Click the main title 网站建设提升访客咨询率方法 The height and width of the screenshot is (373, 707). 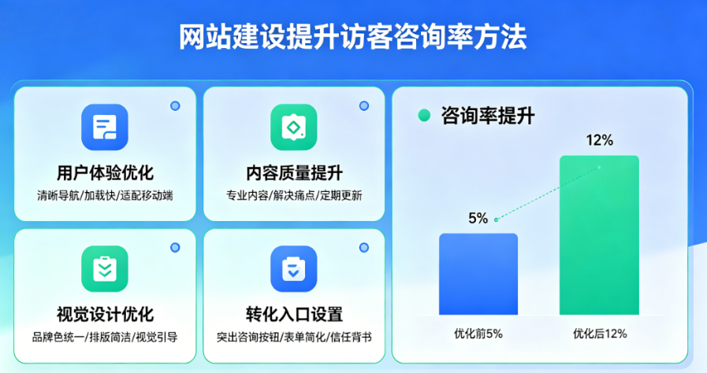(x=352, y=36)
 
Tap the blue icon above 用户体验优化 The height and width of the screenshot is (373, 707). (x=105, y=127)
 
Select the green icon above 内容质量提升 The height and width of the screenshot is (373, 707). (x=294, y=127)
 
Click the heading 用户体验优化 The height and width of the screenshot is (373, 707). (x=105, y=172)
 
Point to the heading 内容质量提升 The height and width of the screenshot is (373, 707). (x=294, y=172)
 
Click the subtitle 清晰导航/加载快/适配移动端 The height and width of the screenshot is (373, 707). (x=105, y=194)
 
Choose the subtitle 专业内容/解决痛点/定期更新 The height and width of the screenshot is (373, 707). (x=294, y=194)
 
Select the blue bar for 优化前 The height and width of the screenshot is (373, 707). (x=478, y=274)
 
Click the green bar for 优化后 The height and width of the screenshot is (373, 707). (x=599, y=235)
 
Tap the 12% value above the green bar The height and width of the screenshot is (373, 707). (x=599, y=141)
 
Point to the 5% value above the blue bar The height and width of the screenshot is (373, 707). (x=478, y=218)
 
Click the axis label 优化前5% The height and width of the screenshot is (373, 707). (x=478, y=334)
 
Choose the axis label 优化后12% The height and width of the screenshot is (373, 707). (x=600, y=334)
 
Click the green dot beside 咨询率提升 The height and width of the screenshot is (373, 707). (x=424, y=116)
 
